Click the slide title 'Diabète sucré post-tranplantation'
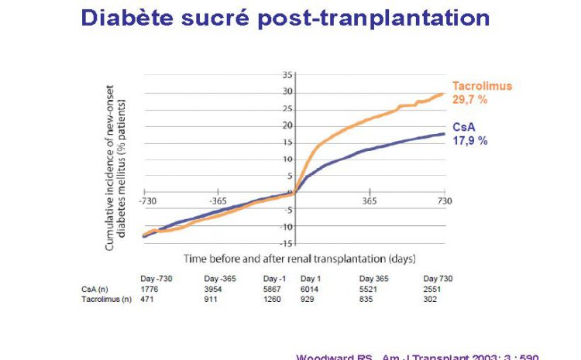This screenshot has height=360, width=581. tap(286, 18)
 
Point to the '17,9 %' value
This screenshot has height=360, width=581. tap(470, 141)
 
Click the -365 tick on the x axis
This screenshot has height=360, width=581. tap(218, 200)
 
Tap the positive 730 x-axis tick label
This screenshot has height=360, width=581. tap(444, 200)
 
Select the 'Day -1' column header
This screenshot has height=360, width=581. tap(275, 278)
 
